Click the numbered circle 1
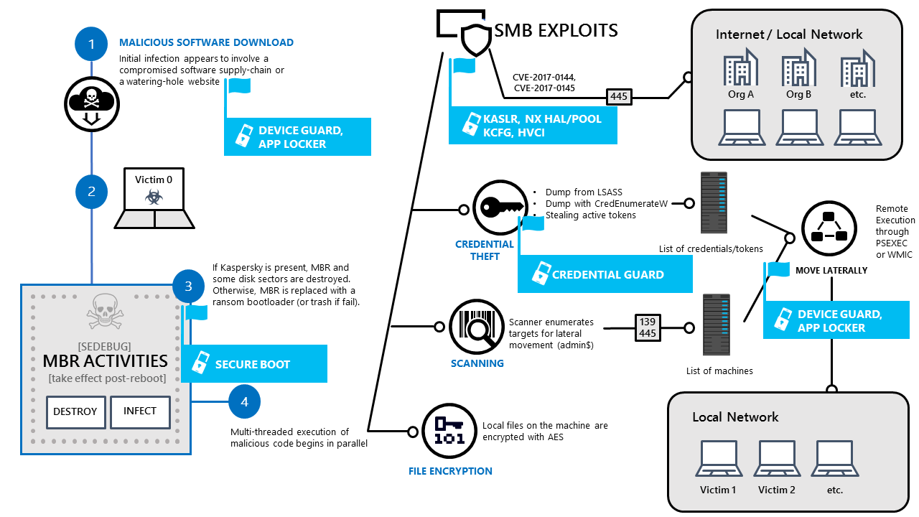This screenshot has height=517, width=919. click(x=91, y=44)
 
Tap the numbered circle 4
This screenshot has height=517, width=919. click(x=245, y=401)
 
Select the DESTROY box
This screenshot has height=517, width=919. click(x=75, y=412)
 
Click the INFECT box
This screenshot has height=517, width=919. click(x=140, y=411)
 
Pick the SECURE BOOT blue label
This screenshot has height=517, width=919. click(x=254, y=363)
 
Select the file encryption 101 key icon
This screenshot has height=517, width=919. click(x=449, y=431)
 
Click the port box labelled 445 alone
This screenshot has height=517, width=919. click(x=618, y=96)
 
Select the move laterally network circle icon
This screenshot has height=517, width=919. click(x=829, y=228)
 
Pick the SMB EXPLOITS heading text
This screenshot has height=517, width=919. click(x=556, y=30)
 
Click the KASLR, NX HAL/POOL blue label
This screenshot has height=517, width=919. click(x=533, y=125)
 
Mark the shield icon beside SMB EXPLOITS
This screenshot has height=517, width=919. click(x=475, y=40)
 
